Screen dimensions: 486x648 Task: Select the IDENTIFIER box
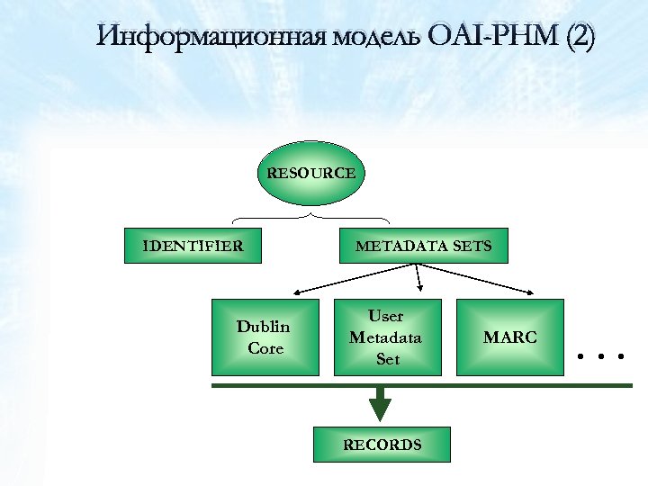click(193, 246)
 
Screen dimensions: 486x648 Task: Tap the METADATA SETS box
click(423, 246)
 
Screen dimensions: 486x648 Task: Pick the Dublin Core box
click(265, 337)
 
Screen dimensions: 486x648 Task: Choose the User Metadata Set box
click(388, 337)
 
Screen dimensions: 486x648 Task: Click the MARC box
click(509, 337)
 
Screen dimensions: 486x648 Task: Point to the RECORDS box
click(381, 445)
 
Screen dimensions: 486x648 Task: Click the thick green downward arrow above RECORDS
click(381, 403)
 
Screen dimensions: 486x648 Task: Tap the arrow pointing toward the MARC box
click(477, 280)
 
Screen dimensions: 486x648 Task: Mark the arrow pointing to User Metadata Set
click(418, 279)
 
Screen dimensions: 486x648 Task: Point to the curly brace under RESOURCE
click(311, 217)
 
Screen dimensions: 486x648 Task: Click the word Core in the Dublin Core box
click(265, 348)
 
